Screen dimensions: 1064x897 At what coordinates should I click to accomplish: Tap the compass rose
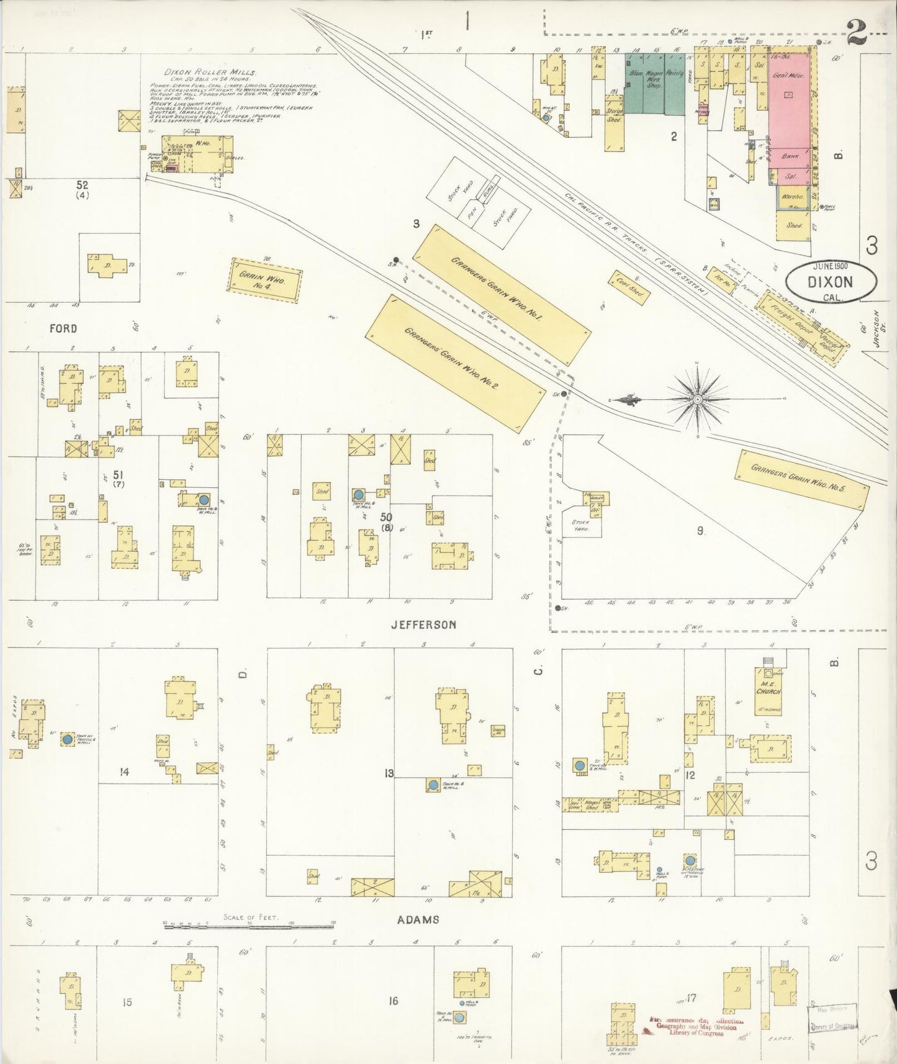pos(698,399)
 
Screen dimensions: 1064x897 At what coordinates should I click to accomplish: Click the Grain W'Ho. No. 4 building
pos(266,281)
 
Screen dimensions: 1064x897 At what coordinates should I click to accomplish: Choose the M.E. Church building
pos(768,690)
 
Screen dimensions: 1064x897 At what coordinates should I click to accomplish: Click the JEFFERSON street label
pos(423,624)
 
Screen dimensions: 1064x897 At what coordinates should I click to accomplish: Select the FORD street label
pos(63,328)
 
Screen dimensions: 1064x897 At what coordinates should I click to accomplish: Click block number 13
pos(389,773)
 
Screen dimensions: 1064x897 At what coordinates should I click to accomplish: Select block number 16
pos(393,1000)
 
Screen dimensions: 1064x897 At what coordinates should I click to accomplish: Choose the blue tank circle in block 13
pos(432,785)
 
